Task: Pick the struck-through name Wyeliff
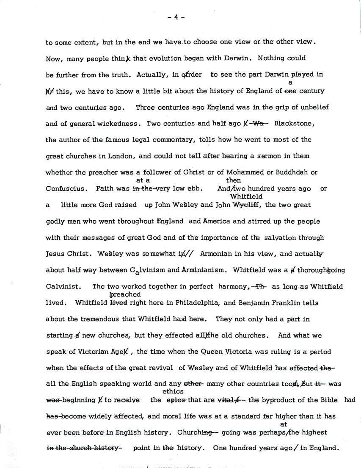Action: (x=248, y=205)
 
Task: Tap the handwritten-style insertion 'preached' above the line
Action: (x=125, y=294)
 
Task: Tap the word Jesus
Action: (x=55, y=254)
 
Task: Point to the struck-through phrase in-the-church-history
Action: (x=83, y=449)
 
